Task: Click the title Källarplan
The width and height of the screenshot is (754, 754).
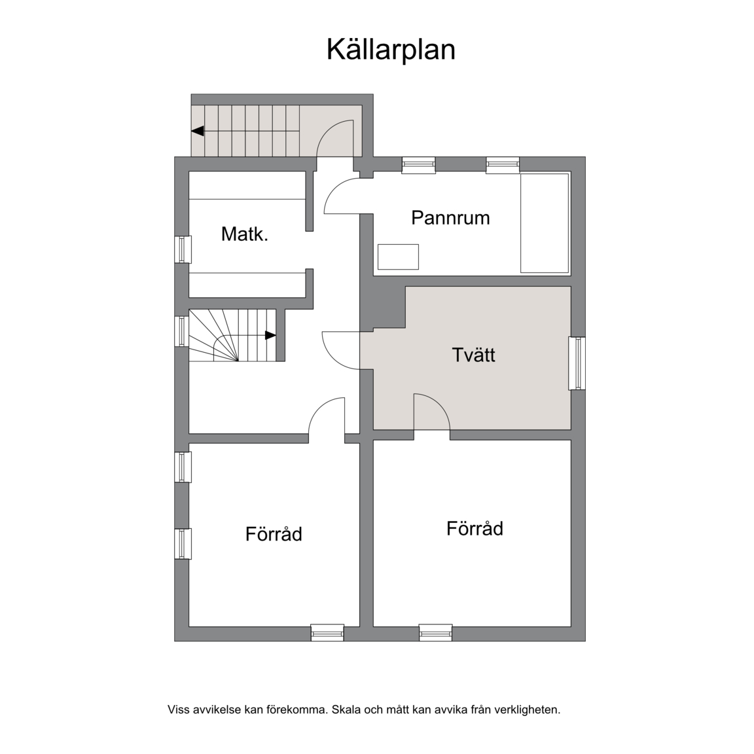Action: pos(391,50)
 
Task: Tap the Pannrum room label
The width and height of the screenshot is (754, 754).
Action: pos(450,218)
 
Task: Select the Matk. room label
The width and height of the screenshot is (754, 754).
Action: pos(244,234)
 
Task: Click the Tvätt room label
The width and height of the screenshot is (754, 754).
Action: pos(474,355)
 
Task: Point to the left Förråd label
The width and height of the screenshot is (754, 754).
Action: pos(274,534)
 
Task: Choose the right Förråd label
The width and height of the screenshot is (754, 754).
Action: pos(475,528)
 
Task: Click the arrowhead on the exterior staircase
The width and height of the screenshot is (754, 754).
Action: pos(198,131)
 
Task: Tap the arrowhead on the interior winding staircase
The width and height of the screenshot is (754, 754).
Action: pos(271,335)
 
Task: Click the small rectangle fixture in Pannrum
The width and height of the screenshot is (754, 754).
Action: pos(398,257)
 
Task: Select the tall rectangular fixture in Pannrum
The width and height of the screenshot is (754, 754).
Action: pos(545,223)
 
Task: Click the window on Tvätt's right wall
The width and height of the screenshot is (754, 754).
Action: pos(577,363)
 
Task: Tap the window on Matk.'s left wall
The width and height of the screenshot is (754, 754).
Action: pos(183,249)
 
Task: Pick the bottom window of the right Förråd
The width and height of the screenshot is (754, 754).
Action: pos(436,632)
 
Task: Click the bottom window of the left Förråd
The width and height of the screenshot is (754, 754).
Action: pos(327,632)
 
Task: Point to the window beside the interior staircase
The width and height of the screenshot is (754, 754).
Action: pos(182,331)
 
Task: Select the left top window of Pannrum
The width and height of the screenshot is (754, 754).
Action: pos(419,165)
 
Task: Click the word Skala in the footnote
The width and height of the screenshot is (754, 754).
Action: pos(346,709)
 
